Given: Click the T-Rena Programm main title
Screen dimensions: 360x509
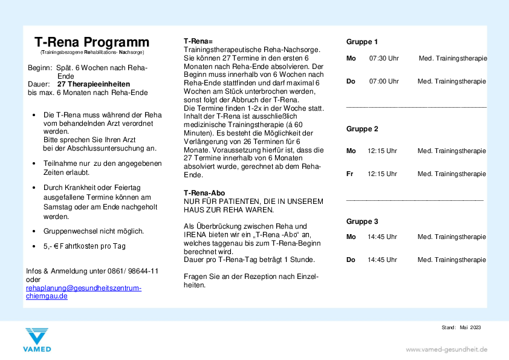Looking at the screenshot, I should tap(92, 42).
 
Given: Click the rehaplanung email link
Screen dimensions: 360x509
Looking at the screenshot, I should tap(83, 292).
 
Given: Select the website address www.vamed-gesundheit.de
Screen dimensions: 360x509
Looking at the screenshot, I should tap(446, 349).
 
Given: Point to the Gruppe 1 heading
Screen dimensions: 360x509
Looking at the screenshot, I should tap(362, 42).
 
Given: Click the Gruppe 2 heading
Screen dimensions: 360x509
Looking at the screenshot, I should tap(362, 129).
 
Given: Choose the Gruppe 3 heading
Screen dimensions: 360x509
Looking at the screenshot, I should tap(362, 221).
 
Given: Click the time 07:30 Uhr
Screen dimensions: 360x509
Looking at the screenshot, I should tap(384, 59).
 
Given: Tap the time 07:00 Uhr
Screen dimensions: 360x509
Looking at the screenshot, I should tap(384, 81).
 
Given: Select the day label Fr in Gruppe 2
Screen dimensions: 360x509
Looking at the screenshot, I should tap(350, 174).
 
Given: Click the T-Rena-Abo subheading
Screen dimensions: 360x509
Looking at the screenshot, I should tap(204, 193).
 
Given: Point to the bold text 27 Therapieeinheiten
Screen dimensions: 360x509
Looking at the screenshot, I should tap(93, 84).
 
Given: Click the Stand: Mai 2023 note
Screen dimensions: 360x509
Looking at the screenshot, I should tap(461, 327).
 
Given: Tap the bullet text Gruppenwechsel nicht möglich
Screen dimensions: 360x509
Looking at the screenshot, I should tap(94, 231).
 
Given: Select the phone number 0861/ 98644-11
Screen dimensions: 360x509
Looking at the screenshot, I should tap(131, 271).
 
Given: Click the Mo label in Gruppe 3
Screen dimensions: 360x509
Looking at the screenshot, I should tap(351, 237).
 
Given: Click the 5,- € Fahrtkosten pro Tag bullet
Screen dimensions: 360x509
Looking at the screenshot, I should tap(85, 246).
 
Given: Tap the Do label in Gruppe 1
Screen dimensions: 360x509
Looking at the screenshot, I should tap(351, 81).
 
